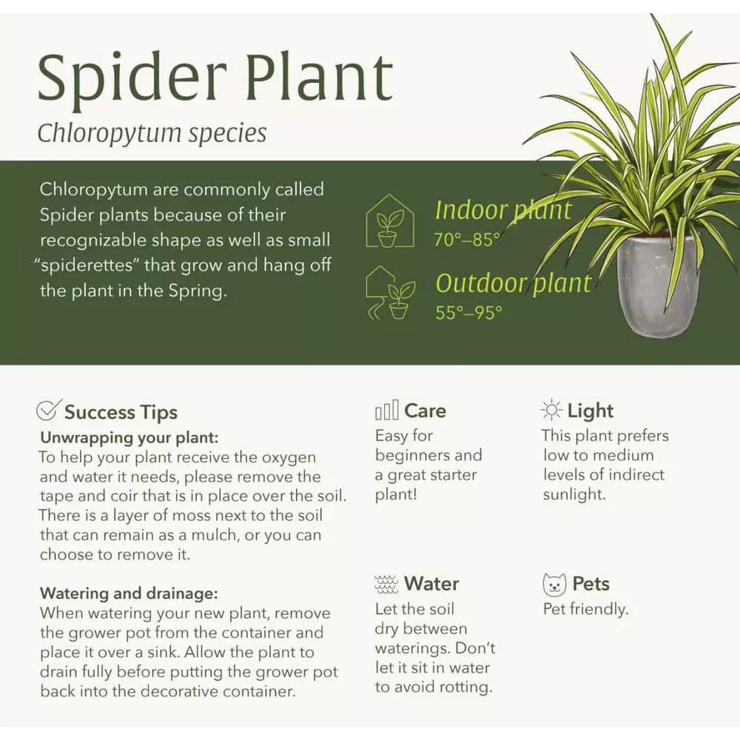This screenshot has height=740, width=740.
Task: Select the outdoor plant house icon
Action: pyautogui.click(x=390, y=293)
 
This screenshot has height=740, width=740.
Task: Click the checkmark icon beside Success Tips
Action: pyautogui.click(x=49, y=410)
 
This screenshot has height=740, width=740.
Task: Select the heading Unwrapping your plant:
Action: pyautogui.click(x=129, y=437)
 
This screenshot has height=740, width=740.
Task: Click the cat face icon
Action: pyautogui.click(x=554, y=585)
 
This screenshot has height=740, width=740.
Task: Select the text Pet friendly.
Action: pyautogui.click(x=585, y=610)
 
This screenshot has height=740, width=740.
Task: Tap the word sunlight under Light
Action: pyautogui.click(x=574, y=495)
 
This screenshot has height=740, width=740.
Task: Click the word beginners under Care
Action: pyautogui.click(x=408, y=455)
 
